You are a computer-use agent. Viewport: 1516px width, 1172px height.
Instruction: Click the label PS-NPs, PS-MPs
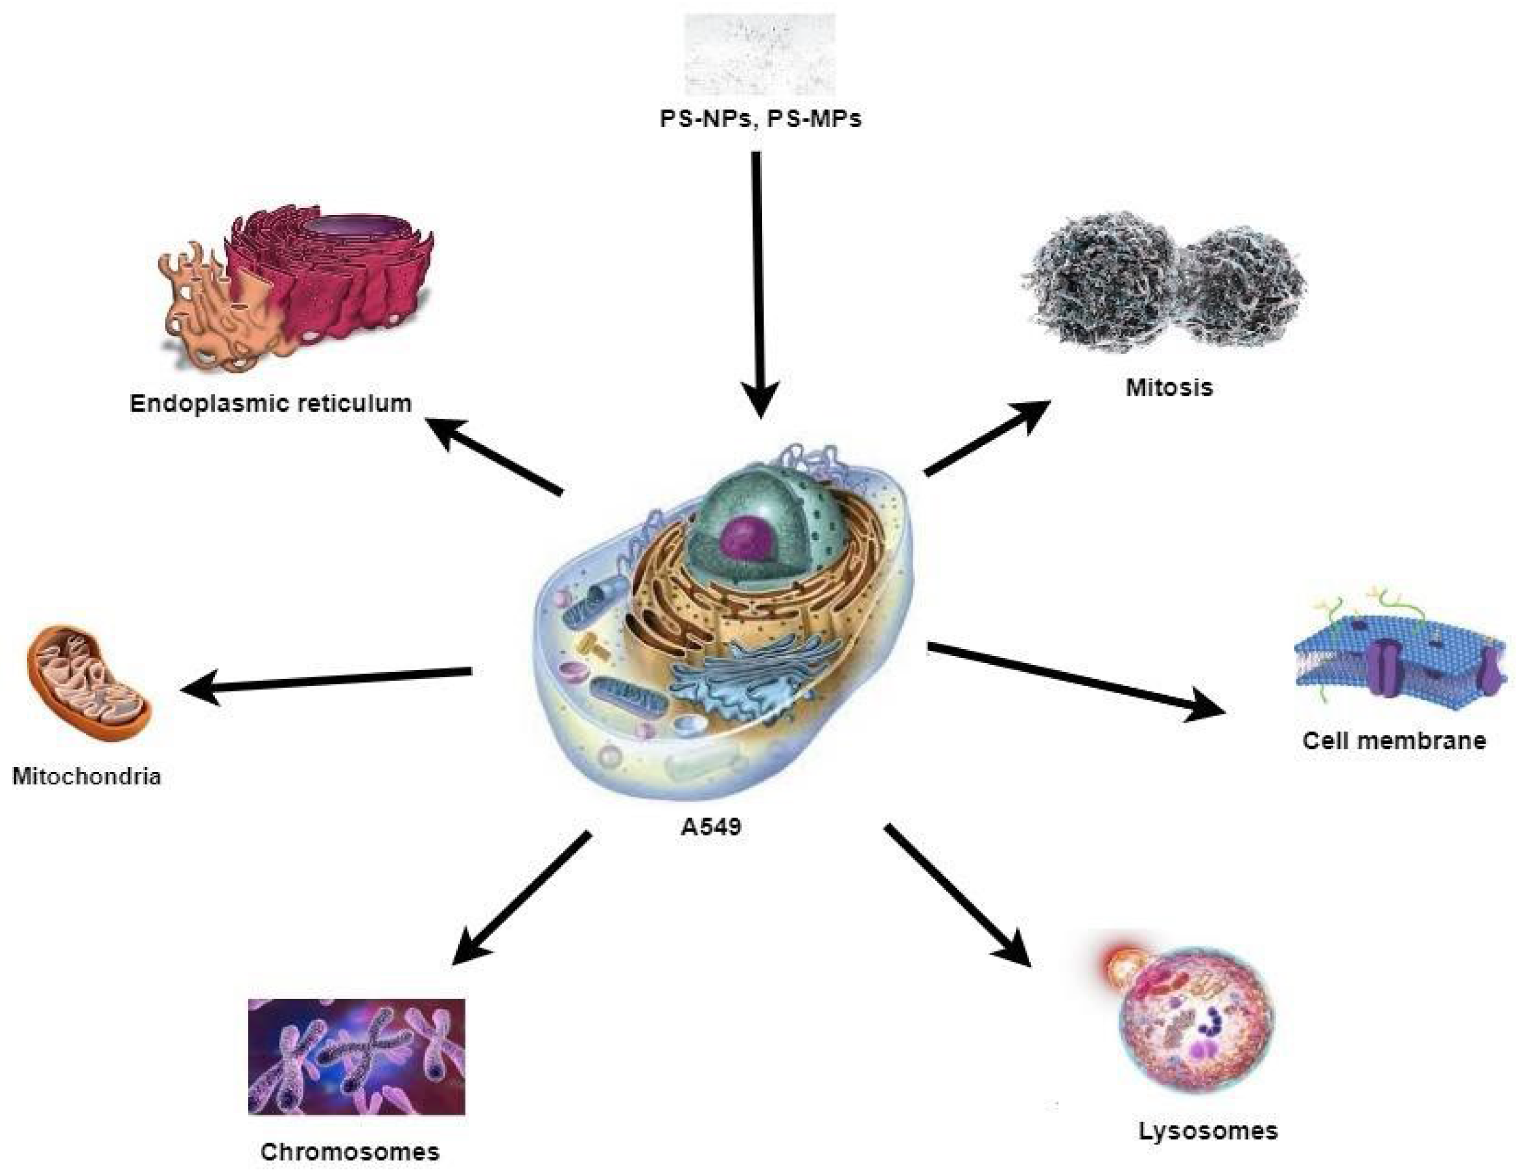[x=760, y=119]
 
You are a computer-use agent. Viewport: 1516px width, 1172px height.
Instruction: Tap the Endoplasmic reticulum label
[x=271, y=403]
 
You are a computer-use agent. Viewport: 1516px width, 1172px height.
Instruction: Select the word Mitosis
[x=1169, y=387]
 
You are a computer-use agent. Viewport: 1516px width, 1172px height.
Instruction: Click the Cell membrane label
[x=1394, y=740]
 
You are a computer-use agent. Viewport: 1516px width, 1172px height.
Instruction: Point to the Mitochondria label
[x=87, y=775]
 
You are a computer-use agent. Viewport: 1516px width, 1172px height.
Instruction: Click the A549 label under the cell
[x=711, y=827]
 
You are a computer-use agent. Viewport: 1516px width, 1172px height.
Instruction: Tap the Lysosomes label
[x=1208, y=1131]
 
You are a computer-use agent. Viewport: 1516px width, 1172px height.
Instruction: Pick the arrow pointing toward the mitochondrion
[x=326, y=680]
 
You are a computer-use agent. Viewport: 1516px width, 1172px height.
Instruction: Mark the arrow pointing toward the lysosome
[x=958, y=896]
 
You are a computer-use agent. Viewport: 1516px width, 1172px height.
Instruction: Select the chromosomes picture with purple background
[x=356, y=1056]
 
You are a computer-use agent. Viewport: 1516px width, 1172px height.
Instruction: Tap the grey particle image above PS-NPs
[x=760, y=54]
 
